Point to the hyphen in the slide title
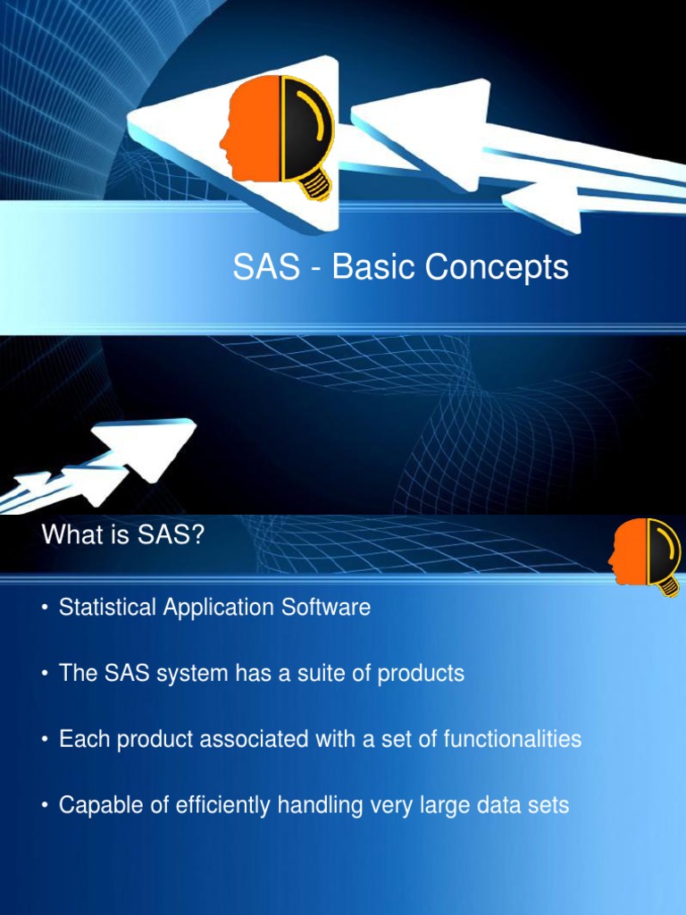pos(316,269)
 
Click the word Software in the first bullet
pos(326,608)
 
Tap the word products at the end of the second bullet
pos(421,674)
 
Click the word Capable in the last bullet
pos(96,806)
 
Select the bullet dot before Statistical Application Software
pos(44,609)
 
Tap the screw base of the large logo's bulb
pos(315,185)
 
